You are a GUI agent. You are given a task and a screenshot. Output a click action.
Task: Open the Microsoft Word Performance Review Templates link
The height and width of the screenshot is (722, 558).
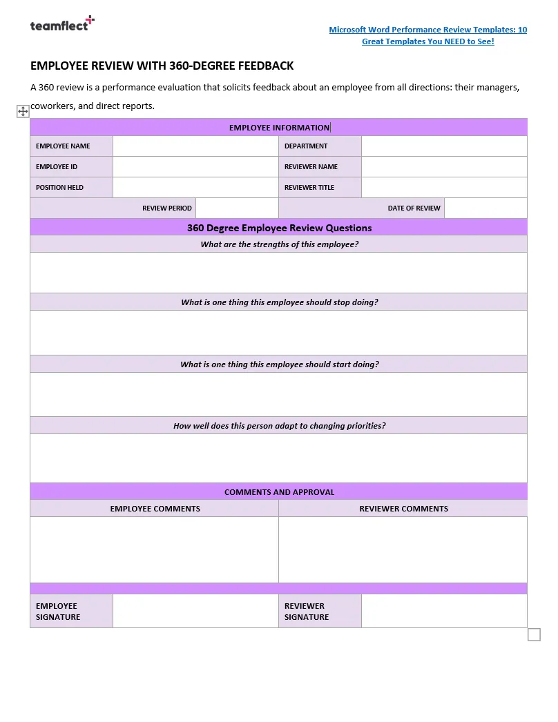(x=427, y=35)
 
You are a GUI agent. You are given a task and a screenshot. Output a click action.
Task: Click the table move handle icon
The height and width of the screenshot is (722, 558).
(x=22, y=111)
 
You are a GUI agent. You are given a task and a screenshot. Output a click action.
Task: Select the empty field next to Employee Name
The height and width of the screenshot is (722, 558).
(x=195, y=146)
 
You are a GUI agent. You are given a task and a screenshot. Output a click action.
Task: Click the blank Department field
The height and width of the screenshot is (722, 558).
(x=444, y=146)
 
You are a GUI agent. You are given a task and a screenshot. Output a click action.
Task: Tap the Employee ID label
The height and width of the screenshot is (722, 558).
(x=57, y=167)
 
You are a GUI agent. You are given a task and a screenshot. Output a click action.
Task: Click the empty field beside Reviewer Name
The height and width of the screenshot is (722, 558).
(x=444, y=167)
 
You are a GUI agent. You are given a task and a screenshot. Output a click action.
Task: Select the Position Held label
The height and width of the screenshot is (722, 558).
(x=59, y=188)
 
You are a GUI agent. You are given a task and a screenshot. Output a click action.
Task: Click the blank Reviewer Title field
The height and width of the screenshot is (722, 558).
(x=444, y=188)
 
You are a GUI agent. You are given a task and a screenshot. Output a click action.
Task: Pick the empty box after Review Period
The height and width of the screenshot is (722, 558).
(x=237, y=208)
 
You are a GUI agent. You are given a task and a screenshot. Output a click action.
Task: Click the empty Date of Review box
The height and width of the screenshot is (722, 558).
(x=485, y=208)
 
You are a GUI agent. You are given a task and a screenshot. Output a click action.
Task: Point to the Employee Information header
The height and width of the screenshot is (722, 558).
(x=279, y=128)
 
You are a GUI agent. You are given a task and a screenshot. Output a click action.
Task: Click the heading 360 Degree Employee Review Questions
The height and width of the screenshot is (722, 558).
(x=279, y=228)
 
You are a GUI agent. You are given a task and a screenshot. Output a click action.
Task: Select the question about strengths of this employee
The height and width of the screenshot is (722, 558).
(x=279, y=244)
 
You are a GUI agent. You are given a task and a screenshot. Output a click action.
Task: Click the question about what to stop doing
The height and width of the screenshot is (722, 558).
(x=279, y=302)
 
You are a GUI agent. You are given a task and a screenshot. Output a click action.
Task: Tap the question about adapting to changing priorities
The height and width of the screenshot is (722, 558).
(x=279, y=426)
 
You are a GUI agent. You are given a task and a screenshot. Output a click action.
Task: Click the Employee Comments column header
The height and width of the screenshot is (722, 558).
(x=155, y=509)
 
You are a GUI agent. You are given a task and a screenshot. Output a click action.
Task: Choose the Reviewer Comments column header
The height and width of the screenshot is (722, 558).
(x=403, y=509)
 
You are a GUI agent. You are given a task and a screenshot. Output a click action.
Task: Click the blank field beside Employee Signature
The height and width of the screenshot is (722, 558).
(x=195, y=612)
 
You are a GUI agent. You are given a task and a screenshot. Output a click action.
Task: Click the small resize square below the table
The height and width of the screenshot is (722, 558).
(x=534, y=634)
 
